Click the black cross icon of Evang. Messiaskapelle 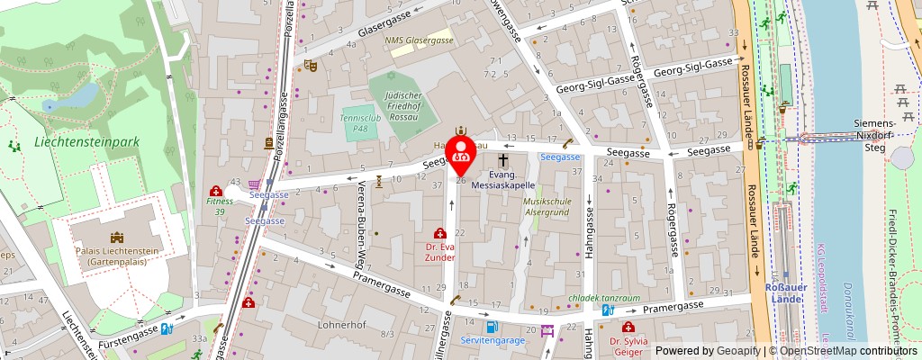502,159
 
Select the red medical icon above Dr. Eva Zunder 440,233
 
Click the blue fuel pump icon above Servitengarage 491,327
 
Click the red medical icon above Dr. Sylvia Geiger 628,328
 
